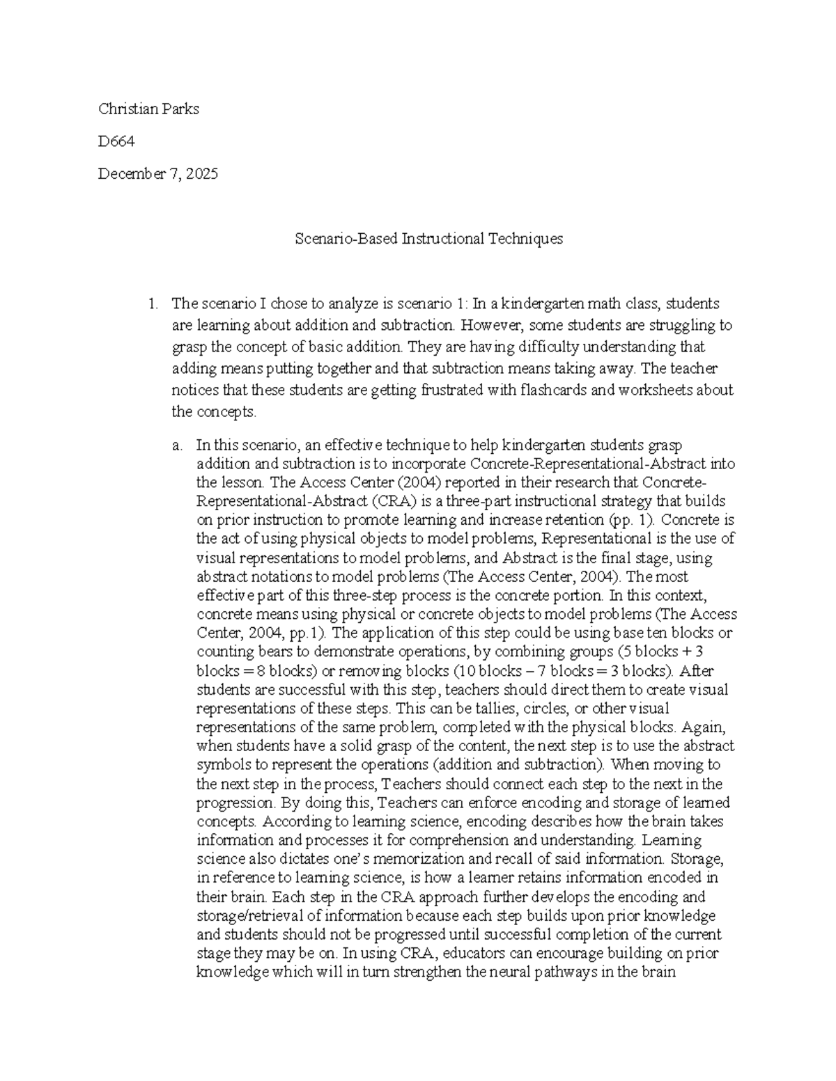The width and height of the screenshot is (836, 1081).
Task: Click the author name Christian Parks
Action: tap(148, 109)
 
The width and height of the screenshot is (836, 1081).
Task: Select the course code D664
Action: tap(116, 141)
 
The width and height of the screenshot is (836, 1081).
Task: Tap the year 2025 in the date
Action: tap(202, 174)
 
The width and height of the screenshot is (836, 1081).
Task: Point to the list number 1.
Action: tap(151, 303)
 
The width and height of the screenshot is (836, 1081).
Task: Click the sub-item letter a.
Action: tap(177, 445)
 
